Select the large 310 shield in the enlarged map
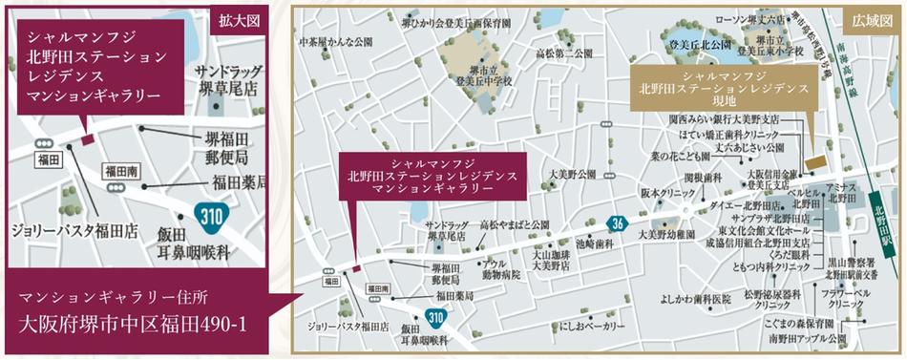tap(213, 216)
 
